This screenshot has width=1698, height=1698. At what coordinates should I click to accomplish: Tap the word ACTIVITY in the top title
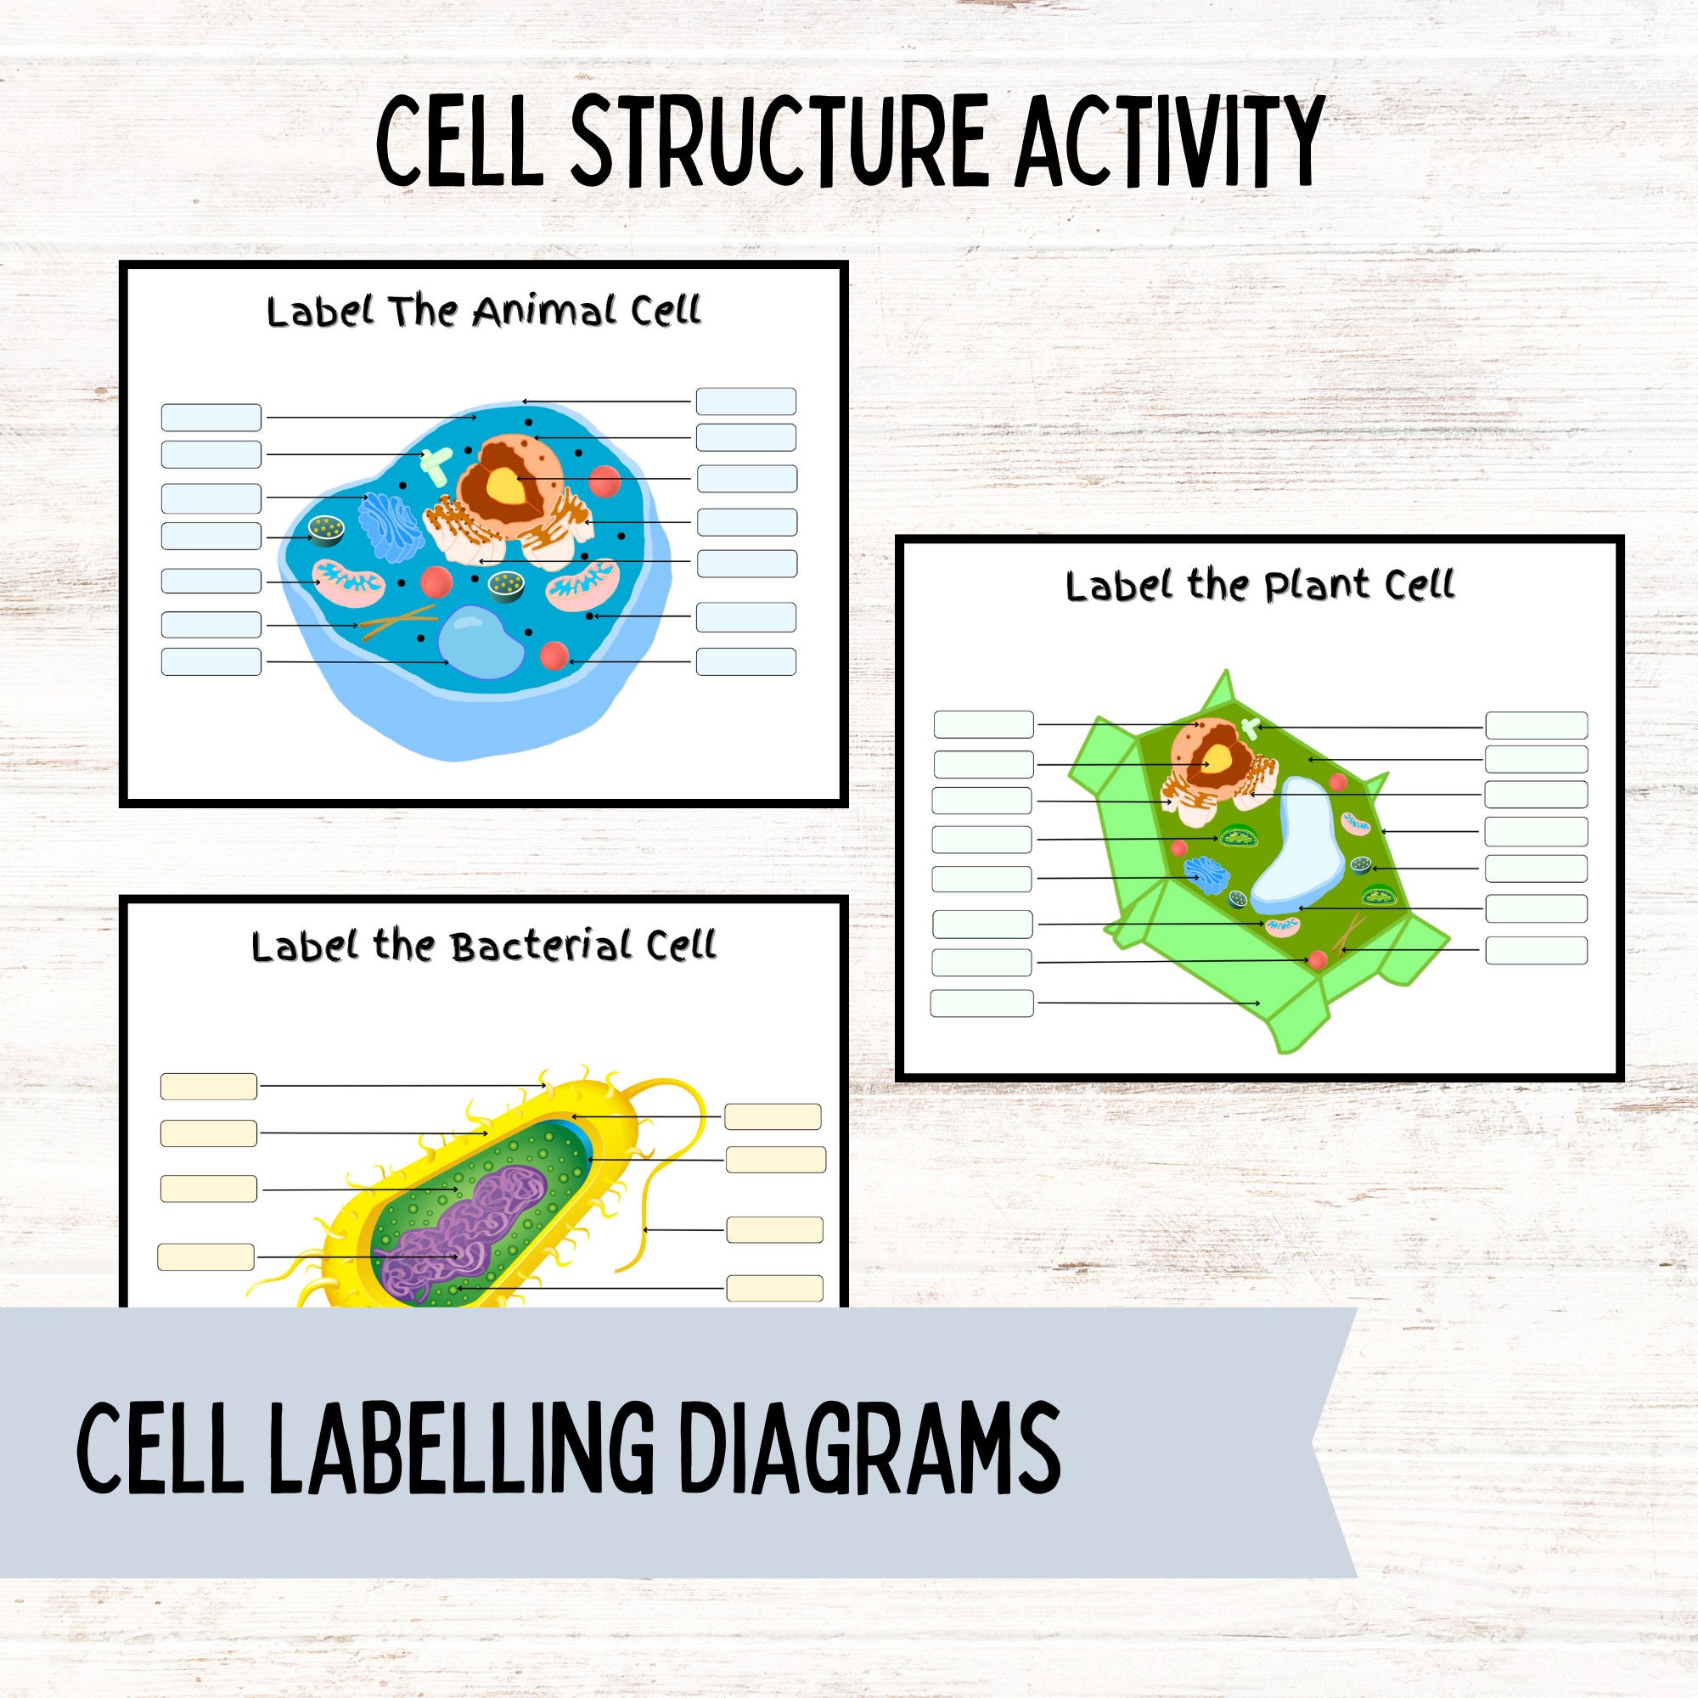[1168, 143]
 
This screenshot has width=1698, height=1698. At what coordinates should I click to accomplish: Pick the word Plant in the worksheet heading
[1321, 586]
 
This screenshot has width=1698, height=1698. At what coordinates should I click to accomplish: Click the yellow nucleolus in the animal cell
[504, 482]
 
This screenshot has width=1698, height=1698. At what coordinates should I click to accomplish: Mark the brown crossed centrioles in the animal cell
[397, 621]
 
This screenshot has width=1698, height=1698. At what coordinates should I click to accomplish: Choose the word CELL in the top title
[457, 143]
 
